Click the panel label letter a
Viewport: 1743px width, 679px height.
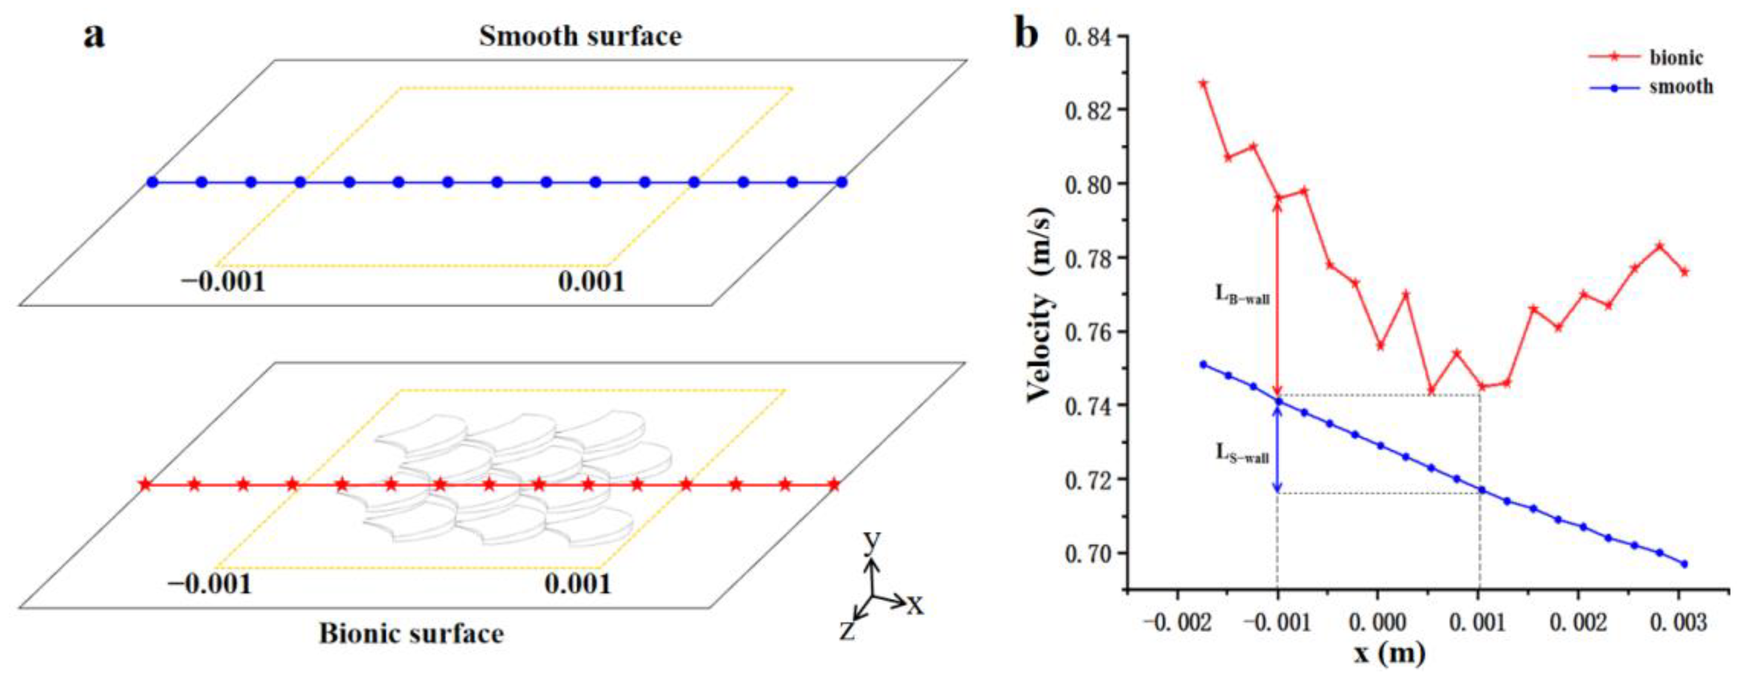(94, 35)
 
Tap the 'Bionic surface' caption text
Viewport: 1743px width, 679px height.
(411, 634)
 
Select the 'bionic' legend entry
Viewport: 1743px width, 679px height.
(1676, 58)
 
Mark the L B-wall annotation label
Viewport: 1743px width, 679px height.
(1241, 295)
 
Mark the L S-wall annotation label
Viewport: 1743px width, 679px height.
(1241, 454)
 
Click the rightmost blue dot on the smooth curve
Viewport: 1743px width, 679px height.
(1684, 564)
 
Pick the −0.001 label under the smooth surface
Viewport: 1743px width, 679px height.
(223, 281)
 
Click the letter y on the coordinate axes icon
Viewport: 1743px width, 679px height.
(872, 542)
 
